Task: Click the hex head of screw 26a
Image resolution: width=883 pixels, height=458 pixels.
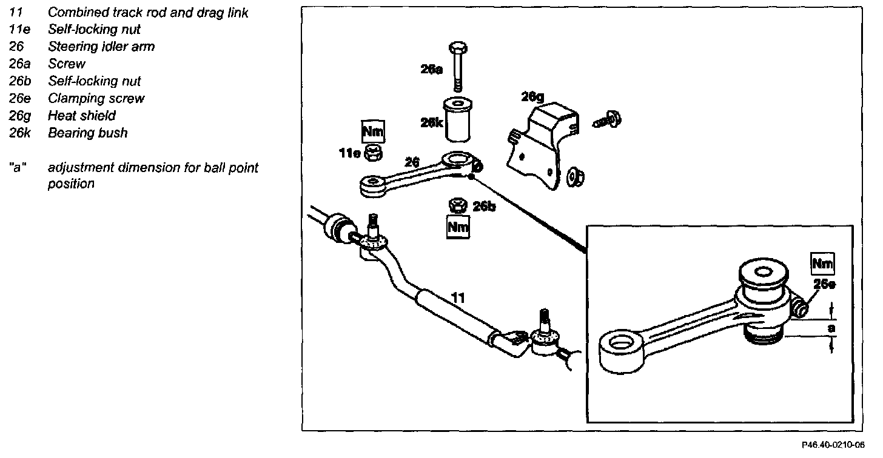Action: (x=458, y=48)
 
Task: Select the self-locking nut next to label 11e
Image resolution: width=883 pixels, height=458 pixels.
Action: (x=372, y=153)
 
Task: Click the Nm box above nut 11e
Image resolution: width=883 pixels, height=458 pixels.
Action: (x=373, y=131)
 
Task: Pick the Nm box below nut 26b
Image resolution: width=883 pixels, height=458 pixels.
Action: (x=458, y=227)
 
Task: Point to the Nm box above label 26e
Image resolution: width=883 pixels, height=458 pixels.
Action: (x=823, y=264)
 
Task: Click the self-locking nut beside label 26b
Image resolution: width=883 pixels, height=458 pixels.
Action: (x=458, y=205)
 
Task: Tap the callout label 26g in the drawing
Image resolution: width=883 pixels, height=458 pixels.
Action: (x=532, y=97)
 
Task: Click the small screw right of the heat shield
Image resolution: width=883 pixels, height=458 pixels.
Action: (x=607, y=120)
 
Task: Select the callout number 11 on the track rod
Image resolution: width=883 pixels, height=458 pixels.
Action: (x=458, y=297)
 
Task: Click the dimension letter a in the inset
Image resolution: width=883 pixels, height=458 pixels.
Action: (x=831, y=328)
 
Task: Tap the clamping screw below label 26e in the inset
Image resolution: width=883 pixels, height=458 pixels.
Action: (x=801, y=308)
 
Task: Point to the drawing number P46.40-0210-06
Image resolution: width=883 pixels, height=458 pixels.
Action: (x=833, y=445)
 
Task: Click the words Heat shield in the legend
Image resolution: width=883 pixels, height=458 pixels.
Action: (x=82, y=115)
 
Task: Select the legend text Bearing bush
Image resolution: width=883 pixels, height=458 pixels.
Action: (x=87, y=133)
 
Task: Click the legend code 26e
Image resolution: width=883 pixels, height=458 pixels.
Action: (x=19, y=98)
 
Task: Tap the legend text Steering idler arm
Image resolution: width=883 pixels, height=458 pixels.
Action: (x=101, y=47)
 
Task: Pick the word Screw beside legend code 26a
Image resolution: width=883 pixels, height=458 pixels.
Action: (x=67, y=64)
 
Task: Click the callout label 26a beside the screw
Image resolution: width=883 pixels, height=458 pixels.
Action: (x=432, y=69)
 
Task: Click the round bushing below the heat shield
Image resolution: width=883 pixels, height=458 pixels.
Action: (x=576, y=178)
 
